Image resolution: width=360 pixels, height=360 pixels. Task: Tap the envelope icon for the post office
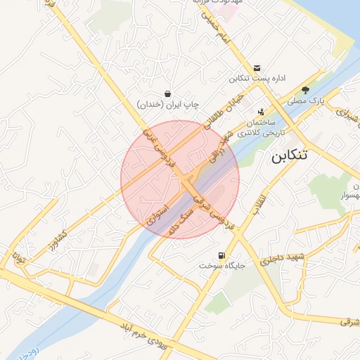tap(257, 67)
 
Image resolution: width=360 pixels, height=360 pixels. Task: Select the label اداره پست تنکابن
tap(257, 78)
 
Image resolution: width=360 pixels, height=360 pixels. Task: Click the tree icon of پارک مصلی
tap(305, 90)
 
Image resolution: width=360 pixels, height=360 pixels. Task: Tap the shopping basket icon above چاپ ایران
tap(167, 93)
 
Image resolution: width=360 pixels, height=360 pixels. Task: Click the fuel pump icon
tap(222, 255)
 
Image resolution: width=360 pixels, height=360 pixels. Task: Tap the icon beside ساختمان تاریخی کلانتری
tap(262, 111)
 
